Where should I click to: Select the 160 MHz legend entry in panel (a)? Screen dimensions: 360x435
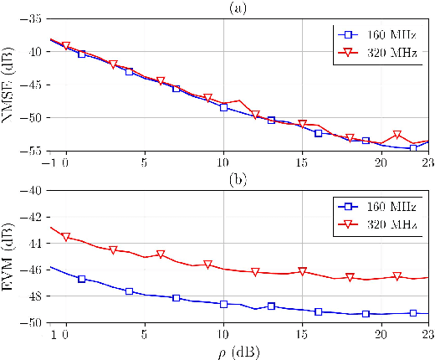click(x=371, y=35)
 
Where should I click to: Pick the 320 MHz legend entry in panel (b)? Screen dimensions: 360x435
click(x=371, y=224)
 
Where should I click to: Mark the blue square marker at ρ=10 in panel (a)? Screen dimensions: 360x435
click(x=223, y=107)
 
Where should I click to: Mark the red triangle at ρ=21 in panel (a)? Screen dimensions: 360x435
click(x=397, y=135)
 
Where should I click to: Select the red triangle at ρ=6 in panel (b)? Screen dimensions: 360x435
click(x=161, y=255)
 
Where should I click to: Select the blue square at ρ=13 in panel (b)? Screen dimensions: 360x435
click(x=271, y=306)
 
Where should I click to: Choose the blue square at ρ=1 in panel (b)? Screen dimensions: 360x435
click(x=82, y=279)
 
